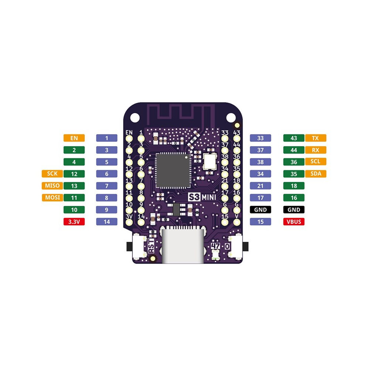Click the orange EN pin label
point(74,138)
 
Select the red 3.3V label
point(74,221)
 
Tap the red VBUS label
point(294,221)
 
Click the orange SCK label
point(52,173)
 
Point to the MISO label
point(52,186)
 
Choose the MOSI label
point(52,197)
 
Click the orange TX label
point(316,138)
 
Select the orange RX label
point(316,150)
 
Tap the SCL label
point(316,162)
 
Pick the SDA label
point(316,173)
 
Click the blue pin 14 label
point(107,221)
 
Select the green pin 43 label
point(294,138)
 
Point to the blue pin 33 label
point(260,138)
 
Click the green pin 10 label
point(74,210)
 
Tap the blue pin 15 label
point(260,221)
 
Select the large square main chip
point(173,170)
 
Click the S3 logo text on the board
point(194,197)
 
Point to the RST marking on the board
point(151,246)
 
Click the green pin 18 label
point(294,186)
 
